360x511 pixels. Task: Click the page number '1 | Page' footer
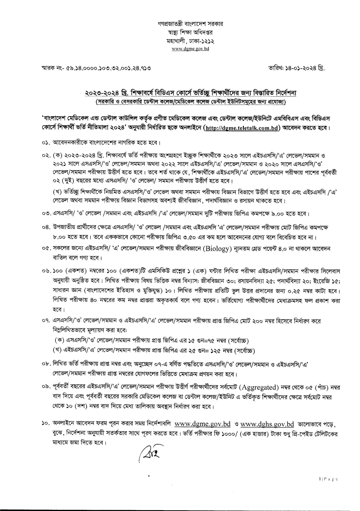[x=328, y=479]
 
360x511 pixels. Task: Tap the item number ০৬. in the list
[x=46, y=271]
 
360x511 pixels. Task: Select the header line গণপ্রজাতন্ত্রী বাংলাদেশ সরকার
[x=190, y=24]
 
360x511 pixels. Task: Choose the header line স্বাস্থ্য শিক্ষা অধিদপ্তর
[x=190, y=32]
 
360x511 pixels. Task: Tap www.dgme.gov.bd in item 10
[x=202, y=424]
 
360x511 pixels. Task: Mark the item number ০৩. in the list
[x=46, y=214]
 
